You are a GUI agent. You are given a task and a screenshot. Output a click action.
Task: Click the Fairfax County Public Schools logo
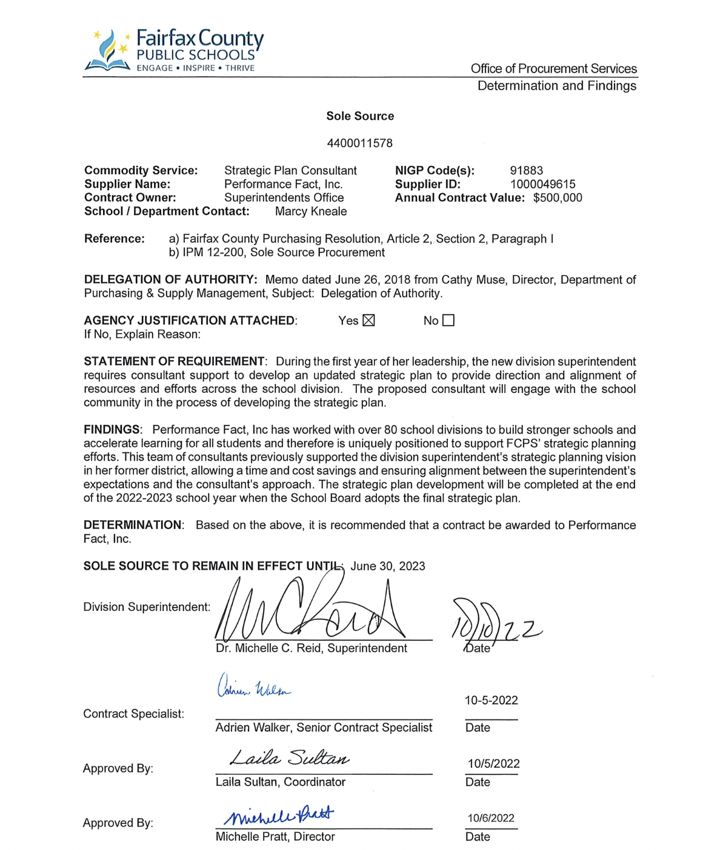[174, 51]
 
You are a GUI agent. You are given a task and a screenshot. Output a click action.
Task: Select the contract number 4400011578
[359, 143]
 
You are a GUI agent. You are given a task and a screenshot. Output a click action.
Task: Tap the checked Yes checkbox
[368, 320]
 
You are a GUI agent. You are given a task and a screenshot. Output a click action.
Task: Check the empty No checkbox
[448, 320]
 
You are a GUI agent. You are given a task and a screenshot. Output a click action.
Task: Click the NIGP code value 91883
[526, 171]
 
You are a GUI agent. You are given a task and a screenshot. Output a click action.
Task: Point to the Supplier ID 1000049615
[542, 184]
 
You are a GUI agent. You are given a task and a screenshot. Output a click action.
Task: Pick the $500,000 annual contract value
[558, 198]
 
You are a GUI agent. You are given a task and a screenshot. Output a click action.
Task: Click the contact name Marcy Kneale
[311, 211]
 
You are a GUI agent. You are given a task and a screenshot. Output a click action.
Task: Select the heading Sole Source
[360, 116]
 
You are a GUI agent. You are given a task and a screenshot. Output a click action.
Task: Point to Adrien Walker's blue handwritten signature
[254, 687]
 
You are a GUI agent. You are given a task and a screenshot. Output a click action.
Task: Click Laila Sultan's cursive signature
[290, 758]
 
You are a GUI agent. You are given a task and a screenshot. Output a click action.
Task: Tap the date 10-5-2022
[491, 700]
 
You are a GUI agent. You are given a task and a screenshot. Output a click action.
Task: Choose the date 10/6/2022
[490, 818]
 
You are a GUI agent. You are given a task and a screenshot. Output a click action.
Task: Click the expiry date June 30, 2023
[388, 566]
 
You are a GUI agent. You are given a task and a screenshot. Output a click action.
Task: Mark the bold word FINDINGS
[112, 430]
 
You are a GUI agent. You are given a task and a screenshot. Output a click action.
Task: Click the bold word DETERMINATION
[133, 525]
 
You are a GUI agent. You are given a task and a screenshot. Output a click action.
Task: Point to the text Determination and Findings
[556, 86]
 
